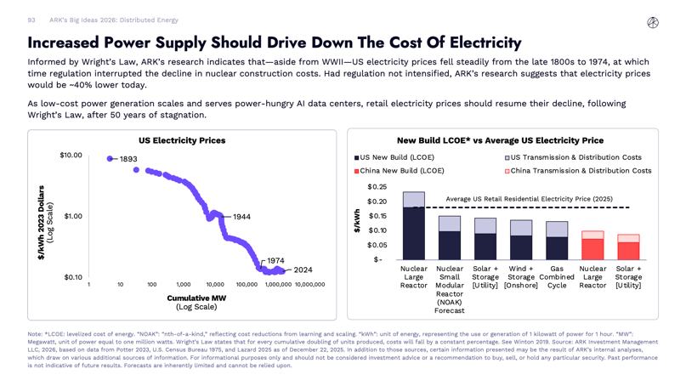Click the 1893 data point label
coord(128,159)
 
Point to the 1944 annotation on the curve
coord(241,217)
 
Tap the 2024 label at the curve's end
coord(303,270)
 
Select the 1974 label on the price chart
coord(275,261)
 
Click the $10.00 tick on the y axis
coord(71,155)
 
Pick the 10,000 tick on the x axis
coord(215,285)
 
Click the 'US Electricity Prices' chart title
coord(182,140)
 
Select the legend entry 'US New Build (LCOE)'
coord(396,157)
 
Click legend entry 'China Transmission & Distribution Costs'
coord(581,171)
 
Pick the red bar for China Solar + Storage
coord(628,251)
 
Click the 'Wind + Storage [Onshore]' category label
coord(521,276)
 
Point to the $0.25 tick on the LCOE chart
coord(377,186)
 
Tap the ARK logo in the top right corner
coord(653,23)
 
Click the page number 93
coord(31,20)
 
